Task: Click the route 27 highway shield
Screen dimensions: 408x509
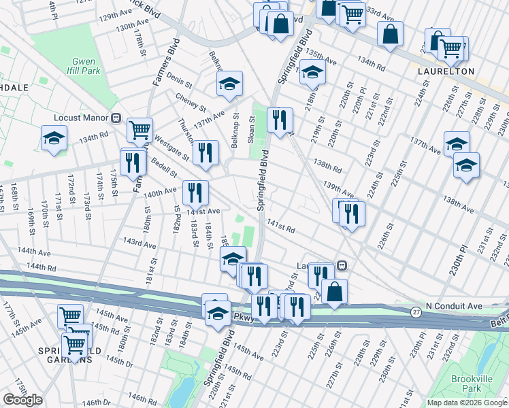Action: pyautogui.click(x=416, y=311)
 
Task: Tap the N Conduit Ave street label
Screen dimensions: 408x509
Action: pyautogui.click(x=454, y=307)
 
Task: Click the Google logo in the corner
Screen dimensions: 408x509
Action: pyautogui.click(x=22, y=400)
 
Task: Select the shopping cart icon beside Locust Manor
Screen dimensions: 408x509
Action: pyautogui.click(x=139, y=129)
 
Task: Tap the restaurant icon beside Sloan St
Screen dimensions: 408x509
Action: pyautogui.click(x=280, y=120)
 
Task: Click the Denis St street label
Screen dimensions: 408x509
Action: pyautogui.click(x=180, y=80)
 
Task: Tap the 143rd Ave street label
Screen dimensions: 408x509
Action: pyautogui.click(x=139, y=243)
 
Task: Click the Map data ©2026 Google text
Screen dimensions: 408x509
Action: pyautogui.click(x=466, y=403)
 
